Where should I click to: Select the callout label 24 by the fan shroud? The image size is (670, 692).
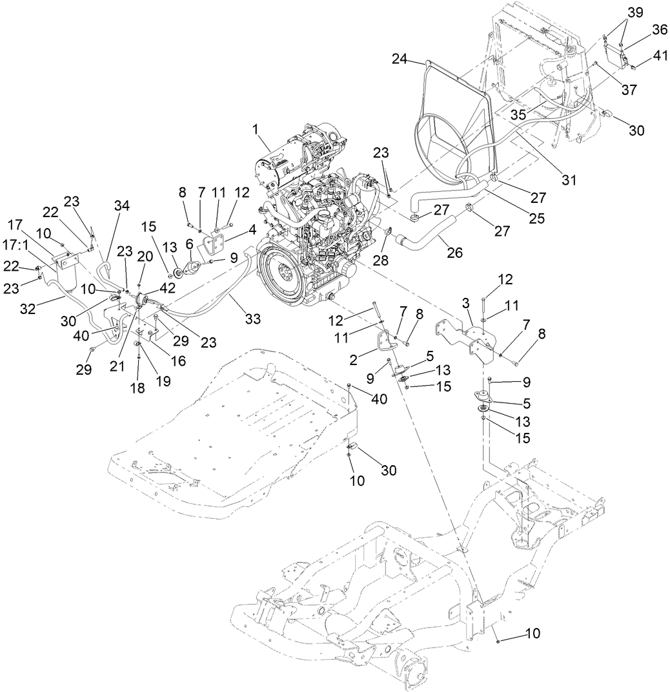click(x=400, y=59)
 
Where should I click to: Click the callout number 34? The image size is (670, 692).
click(x=122, y=205)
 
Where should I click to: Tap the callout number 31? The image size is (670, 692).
click(x=569, y=180)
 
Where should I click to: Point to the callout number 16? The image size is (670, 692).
click(x=178, y=361)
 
